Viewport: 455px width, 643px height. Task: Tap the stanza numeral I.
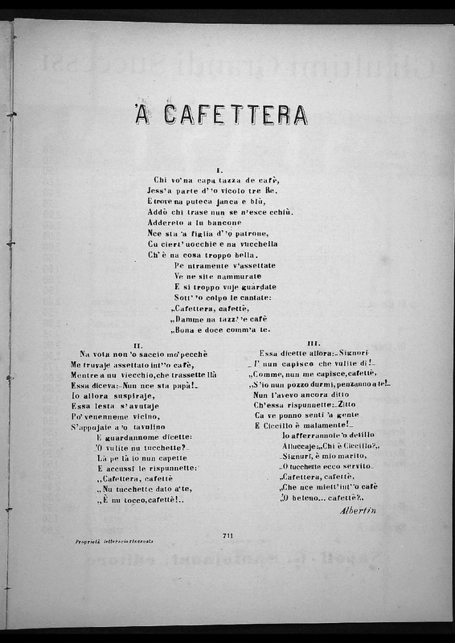219,170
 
